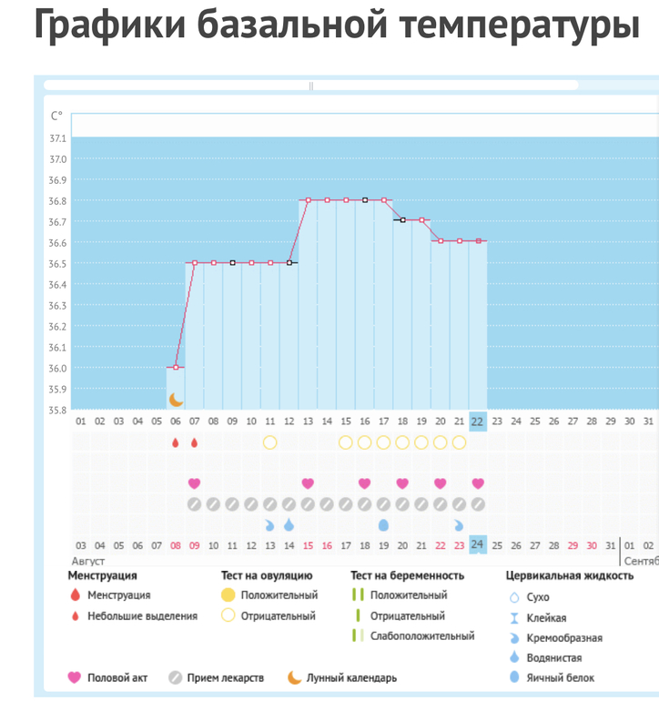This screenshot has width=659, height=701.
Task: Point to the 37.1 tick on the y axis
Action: (57, 138)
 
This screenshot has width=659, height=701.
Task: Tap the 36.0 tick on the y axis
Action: (57, 369)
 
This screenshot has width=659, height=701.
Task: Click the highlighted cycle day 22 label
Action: (478, 422)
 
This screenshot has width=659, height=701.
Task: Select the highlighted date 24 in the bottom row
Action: (478, 544)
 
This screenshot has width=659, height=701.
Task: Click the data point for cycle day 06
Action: (176, 368)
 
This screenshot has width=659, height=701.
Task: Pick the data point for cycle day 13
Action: (308, 200)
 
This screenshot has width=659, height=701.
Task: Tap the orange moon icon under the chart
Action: (176, 399)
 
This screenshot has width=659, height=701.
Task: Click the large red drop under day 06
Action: (176, 442)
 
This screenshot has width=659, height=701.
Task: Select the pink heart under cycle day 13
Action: (308, 483)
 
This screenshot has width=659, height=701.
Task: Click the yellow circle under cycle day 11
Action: (269, 442)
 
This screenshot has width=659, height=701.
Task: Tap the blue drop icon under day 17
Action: (383, 525)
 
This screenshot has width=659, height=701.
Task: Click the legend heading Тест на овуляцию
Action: (267, 575)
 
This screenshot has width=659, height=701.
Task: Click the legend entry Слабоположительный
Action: (421, 635)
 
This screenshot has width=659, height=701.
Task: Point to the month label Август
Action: (89, 561)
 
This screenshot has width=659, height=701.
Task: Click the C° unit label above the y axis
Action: (56, 116)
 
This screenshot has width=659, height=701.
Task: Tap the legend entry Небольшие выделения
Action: (142, 615)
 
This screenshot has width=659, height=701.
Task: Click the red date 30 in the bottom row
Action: (592, 545)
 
